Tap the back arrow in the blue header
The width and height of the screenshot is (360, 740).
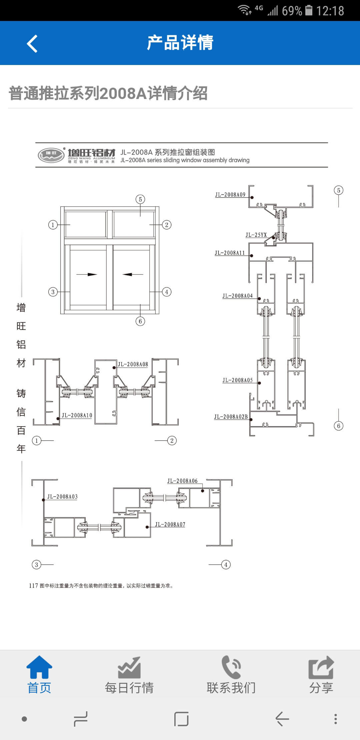(32, 43)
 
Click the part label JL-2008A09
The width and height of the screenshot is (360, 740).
(230, 195)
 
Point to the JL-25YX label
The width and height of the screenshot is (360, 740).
(256, 235)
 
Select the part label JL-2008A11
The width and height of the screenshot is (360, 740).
(230, 253)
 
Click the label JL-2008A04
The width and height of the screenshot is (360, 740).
(238, 296)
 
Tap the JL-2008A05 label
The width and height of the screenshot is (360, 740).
(238, 380)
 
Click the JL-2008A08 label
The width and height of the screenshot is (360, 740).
(133, 364)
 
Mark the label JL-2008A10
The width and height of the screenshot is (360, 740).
(77, 415)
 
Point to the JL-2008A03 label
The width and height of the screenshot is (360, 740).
(62, 497)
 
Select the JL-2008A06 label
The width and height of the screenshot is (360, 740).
(182, 481)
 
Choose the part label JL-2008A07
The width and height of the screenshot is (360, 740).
(170, 524)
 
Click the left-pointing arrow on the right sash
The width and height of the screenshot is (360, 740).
(133, 274)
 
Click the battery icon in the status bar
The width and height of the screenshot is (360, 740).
(309, 11)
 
